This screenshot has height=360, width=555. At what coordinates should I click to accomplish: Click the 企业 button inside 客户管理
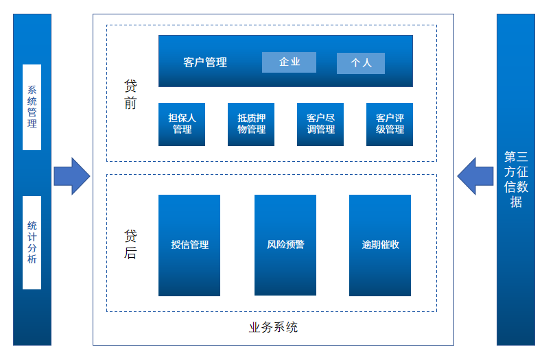point(289,62)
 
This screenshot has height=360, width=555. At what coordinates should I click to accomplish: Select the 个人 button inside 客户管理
point(360,63)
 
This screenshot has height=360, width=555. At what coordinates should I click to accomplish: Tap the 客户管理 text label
point(205,62)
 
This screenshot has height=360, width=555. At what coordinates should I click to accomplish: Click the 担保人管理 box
point(182,124)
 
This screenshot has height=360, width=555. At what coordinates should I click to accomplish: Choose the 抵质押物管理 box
point(251,124)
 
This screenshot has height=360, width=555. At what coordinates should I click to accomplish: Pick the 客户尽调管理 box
point(320,124)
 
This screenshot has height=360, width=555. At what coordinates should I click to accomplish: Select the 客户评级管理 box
point(390,124)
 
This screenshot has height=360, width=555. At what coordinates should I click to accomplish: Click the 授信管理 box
point(189,245)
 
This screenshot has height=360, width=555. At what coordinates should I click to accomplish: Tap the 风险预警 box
point(285,245)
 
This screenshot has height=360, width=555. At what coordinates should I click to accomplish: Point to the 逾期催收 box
point(380,245)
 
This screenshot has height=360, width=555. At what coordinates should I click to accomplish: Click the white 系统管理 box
point(32,107)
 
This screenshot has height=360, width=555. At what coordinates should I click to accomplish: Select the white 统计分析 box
point(32,242)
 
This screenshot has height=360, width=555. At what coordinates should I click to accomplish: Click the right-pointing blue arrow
point(72,176)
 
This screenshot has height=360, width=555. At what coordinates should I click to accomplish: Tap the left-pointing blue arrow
point(475,176)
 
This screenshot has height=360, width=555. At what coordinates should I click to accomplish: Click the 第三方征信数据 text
point(516,179)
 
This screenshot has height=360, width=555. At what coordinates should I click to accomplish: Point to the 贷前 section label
point(130,95)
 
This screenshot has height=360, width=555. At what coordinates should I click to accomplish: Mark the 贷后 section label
point(130,244)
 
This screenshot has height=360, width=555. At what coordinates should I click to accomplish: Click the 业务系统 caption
point(273,327)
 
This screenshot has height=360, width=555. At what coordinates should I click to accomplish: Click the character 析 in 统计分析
point(32,259)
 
